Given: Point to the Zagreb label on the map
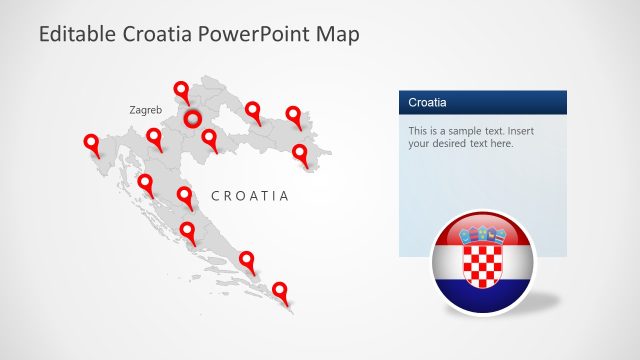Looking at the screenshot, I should point(146,110).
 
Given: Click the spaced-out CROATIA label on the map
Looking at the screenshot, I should point(249,196).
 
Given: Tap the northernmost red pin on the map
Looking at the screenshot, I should point(182,90).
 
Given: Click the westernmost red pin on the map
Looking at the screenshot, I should point(91,144).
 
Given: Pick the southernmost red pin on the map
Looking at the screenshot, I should point(280,291).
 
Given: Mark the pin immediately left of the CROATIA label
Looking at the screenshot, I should point(185,195).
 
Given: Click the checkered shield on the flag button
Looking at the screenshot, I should point(483,259).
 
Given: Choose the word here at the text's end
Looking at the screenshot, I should point(500,144).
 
